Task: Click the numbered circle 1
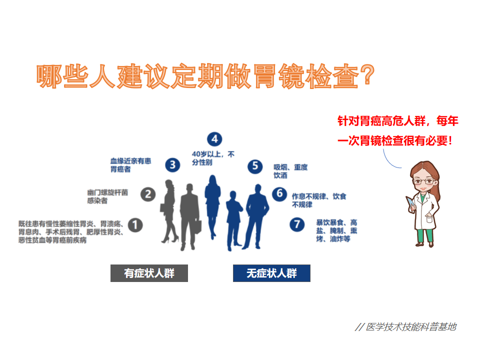point(135,225)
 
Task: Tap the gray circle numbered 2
point(148,194)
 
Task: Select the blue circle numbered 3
point(172,165)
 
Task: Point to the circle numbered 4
point(214,139)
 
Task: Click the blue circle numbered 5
point(255,166)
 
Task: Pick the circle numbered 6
point(279,194)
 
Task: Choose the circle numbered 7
point(297,224)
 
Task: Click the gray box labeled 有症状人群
point(149,273)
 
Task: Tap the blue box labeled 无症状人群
point(271,273)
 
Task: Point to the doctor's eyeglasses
point(423,181)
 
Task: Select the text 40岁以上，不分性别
point(213,158)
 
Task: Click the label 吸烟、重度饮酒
point(290,171)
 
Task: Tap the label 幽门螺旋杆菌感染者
point(107,196)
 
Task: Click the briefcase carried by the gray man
point(197,227)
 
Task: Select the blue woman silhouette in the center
point(212,207)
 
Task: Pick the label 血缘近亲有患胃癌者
point(130,165)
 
